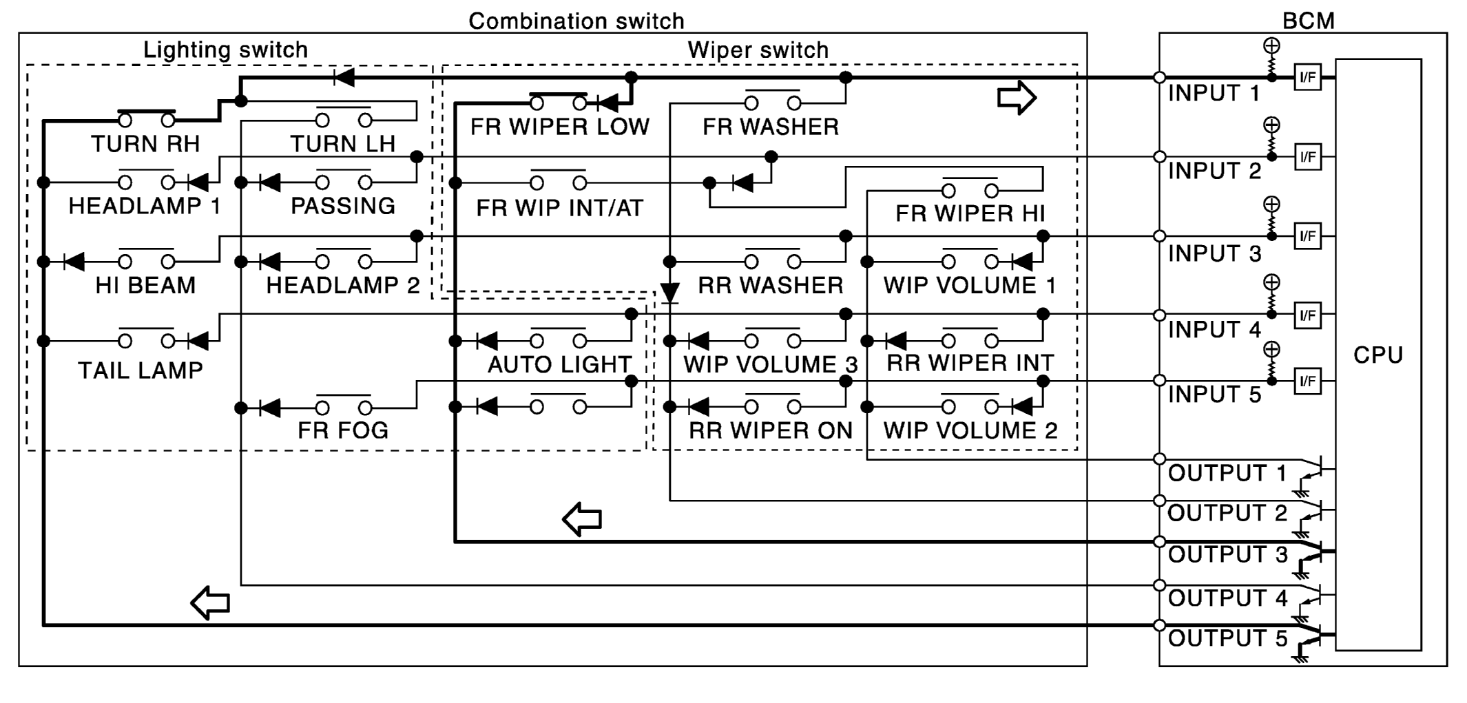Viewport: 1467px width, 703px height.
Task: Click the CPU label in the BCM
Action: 1377,355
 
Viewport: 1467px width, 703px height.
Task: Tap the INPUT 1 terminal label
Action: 1214,93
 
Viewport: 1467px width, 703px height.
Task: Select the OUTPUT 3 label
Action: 1227,554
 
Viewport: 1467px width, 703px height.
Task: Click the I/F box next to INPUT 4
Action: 1307,315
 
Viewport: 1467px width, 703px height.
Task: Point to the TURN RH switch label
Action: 145,144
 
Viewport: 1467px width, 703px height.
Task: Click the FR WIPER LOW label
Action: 559,127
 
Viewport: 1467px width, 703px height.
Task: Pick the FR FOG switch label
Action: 343,430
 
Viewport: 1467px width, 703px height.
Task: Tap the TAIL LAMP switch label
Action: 141,370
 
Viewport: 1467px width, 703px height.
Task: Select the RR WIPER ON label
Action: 771,430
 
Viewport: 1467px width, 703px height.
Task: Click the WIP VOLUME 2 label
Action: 970,430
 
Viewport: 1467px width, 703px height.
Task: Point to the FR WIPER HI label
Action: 970,213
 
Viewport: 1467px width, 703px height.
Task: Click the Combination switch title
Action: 576,21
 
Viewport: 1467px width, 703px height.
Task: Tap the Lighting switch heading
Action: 225,50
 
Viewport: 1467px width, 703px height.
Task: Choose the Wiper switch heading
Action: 758,50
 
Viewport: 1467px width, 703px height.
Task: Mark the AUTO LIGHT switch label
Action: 559,364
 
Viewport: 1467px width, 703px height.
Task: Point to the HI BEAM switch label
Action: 145,285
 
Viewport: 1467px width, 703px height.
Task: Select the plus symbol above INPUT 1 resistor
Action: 1271,46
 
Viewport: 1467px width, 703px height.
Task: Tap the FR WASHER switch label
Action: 771,127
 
